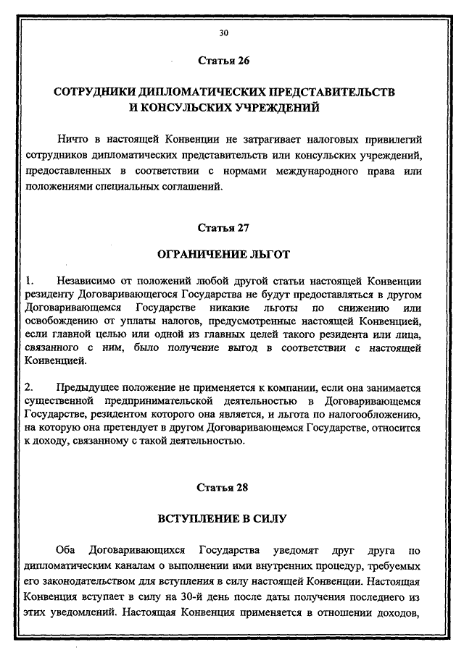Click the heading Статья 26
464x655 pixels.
coord(223,60)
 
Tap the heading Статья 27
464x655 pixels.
coord(223,227)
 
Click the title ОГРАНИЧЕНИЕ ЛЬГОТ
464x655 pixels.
coord(223,254)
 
